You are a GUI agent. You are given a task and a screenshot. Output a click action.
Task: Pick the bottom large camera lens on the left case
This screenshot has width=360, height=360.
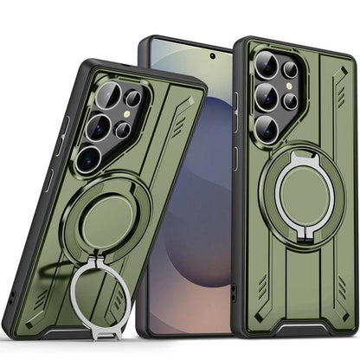point(88,157)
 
